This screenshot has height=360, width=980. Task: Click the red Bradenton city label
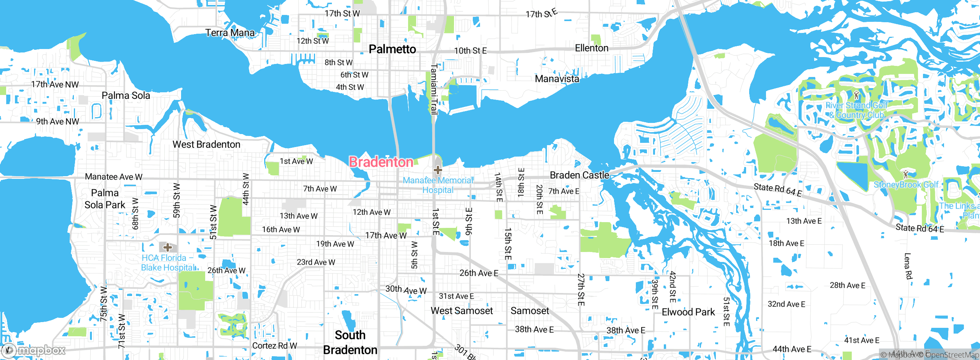pos(381,162)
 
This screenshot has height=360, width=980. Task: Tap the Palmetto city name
pos(392,49)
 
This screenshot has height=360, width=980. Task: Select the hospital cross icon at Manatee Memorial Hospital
pos(438,170)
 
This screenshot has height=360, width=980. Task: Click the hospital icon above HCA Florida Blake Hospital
pos(167,247)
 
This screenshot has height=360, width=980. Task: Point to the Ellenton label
pos(591,48)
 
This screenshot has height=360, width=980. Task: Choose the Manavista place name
pos(557,79)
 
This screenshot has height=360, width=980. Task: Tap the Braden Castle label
pos(579,175)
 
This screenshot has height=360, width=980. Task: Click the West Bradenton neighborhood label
pos(206,144)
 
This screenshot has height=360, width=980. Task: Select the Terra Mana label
pos(230,33)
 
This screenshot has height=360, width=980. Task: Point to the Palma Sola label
pos(126,95)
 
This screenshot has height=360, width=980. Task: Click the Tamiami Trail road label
pos(434,89)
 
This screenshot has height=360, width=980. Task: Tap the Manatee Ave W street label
pos(113,177)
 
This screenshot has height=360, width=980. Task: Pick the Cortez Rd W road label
pos(274,345)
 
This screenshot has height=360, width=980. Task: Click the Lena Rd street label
pos(908,266)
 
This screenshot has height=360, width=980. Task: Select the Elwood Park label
pos(688,312)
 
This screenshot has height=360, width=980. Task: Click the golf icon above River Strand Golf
pos(857,95)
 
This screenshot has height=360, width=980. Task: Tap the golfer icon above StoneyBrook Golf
pos(905,175)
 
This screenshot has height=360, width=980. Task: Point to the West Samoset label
pos(462,311)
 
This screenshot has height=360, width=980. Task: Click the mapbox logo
pos(34,350)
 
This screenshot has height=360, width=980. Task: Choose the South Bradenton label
pos(350,342)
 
